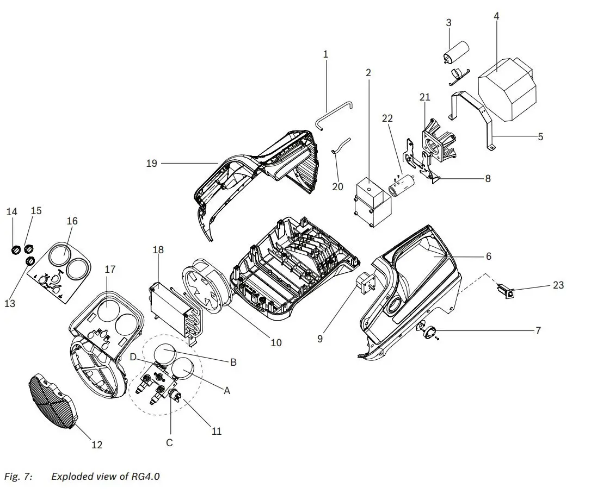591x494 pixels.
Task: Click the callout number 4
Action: pyautogui.click(x=496, y=16)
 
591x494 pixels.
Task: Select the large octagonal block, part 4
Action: pyautogui.click(x=506, y=89)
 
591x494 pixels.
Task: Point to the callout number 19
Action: pyautogui.click(x=151, y=163)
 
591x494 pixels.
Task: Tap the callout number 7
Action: pyautogui.click(x=538, y=330)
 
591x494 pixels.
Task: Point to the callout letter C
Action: pyautogui.click(x=169, y=443)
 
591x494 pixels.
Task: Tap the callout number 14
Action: pyautogui.click(x=12, y=211)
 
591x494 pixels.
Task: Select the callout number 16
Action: pyautogui.click(x=72, y=221)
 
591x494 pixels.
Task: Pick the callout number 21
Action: pyautogui.click(x=424, y=97)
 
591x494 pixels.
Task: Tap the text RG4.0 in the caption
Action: pyautogui.click(x=145, y=477)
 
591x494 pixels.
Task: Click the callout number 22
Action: pyautogui.click(x=387, y=118)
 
